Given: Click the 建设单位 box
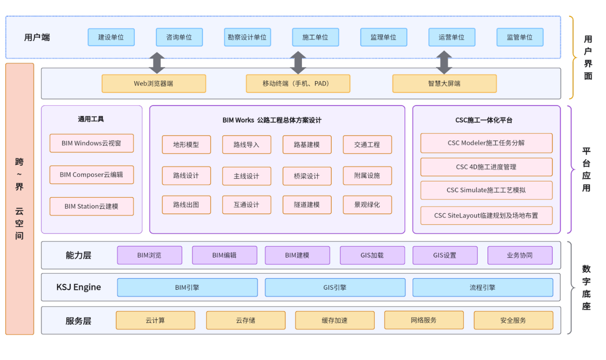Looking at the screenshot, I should coord(111,37).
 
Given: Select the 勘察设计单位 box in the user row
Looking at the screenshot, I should coord(247,37).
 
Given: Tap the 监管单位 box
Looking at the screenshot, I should coord(519,37).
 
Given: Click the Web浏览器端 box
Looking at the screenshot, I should coord(153,84).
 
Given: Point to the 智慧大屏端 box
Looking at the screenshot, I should coord(444,84).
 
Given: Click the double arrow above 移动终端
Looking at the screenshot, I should coord(298,63).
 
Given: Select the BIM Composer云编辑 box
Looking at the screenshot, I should coord(91,175).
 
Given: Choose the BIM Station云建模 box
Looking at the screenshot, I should coord(91,207).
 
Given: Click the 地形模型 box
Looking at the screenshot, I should coord(186,145).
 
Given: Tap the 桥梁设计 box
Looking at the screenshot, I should coord(307,176).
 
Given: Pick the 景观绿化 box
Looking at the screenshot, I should coord(367,205).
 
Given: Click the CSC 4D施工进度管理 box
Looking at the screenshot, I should coord(486,167).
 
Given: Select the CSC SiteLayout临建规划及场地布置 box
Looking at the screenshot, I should coord(486,216).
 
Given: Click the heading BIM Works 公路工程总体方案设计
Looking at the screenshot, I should coord(272,120).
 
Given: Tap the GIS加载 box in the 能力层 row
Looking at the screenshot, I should coord(372,255).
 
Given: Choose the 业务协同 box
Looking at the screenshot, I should coord(519,255).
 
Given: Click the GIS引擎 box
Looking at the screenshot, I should coord(335,288).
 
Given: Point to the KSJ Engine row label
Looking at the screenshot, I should coord(78,287).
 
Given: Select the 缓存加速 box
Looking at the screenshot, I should coord(335,320).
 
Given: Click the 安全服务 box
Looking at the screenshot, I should coord(513,320).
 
